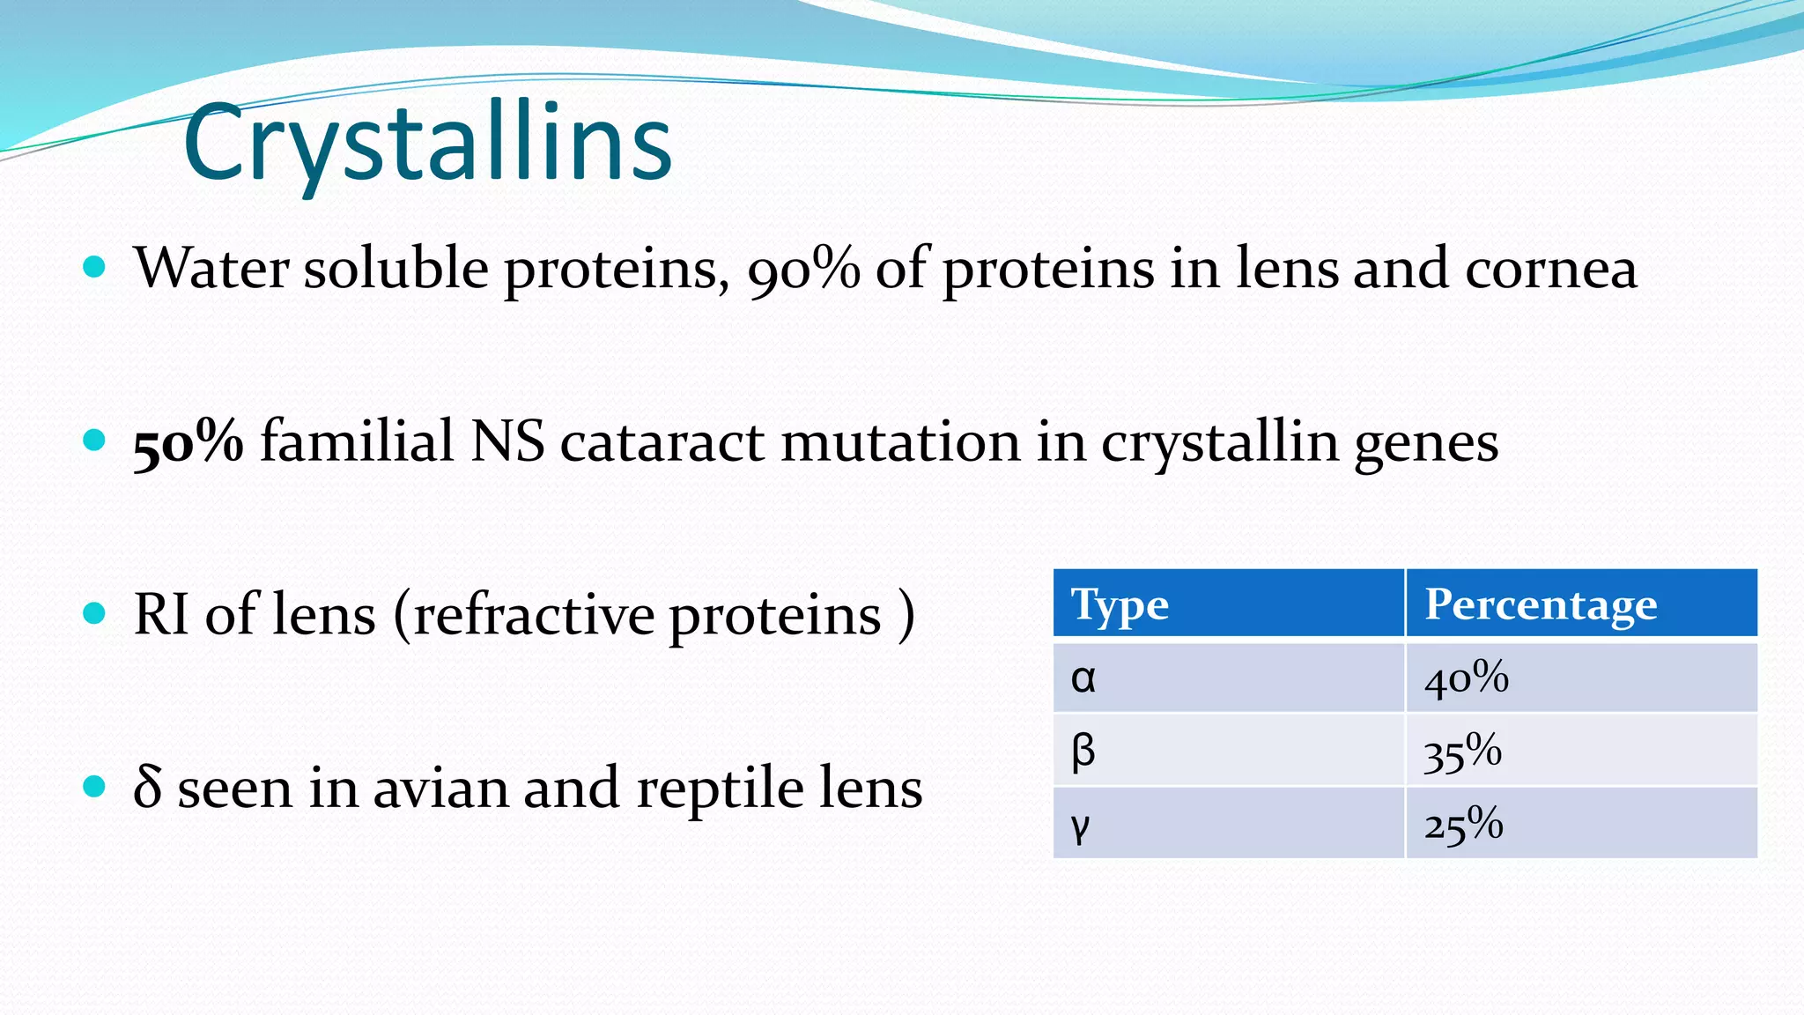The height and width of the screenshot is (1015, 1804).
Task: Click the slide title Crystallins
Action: tap(428, 143)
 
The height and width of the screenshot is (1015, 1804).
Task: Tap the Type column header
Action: tap(1120, 605)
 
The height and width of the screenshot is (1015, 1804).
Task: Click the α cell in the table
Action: tap(1083, 678)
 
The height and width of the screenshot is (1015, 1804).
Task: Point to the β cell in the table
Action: tap(1083, 752)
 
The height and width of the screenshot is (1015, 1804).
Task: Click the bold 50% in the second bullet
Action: tap(188, 441)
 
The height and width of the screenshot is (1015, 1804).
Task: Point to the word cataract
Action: tap(662, 441)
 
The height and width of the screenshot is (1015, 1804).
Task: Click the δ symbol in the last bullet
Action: tap(147, 786)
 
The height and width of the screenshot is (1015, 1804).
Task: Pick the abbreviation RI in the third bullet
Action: tap(160, 614)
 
